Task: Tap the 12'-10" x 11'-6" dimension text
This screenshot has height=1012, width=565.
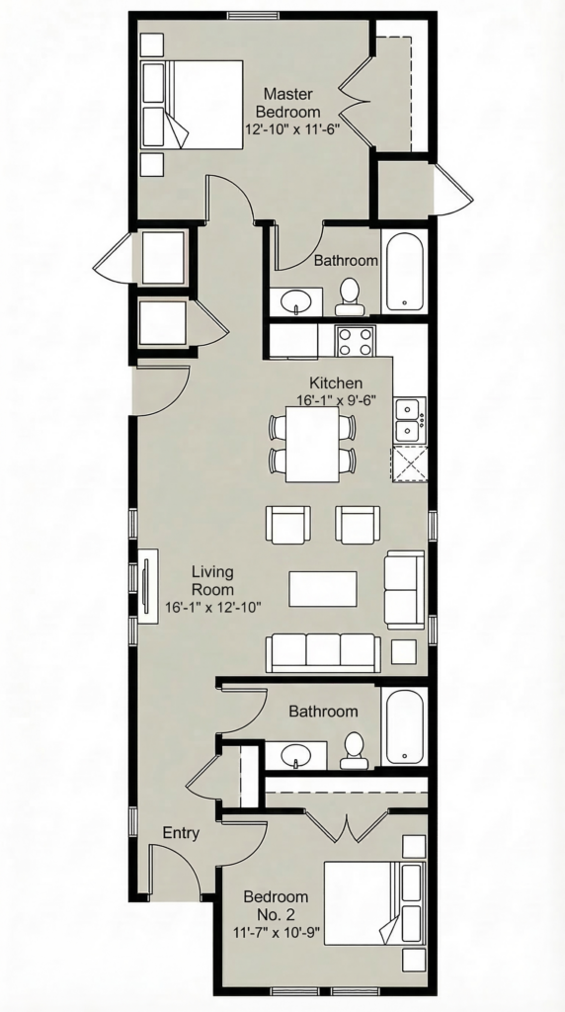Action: coord(292,127)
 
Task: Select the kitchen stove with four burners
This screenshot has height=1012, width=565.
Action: coord(356,341)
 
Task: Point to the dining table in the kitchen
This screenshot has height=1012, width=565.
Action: coord(312,444)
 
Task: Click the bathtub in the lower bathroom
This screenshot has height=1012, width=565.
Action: coord(403,726)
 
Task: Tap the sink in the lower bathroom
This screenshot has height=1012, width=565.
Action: coord(296,755)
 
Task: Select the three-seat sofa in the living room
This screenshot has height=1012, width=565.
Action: coord(323,652)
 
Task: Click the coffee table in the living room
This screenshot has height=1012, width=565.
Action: coord(322,589)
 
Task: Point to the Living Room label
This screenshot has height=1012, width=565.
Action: coord(212,580)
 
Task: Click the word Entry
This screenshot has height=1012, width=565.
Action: coord(181,832)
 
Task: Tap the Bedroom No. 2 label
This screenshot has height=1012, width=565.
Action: coord(276,905)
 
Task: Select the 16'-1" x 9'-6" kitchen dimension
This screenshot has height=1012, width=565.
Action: coord(336,400)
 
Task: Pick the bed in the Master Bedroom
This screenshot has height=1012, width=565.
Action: coord(192,105)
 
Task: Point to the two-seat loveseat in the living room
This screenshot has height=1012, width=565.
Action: coord(404,589)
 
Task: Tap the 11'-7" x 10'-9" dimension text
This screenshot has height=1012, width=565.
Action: coord(278,933)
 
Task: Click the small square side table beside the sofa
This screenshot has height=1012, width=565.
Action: coord(404,652)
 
